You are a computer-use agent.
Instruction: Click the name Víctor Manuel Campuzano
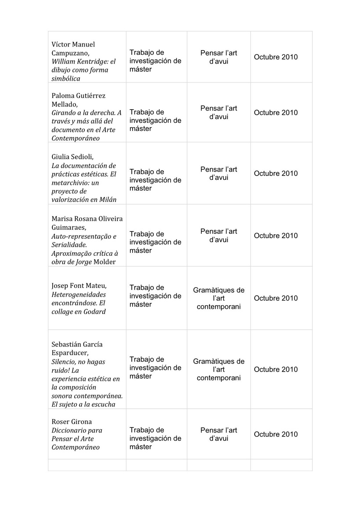point(73,49)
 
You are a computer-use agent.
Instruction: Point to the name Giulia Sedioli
point(73,157)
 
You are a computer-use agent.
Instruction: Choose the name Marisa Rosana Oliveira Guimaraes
point(87,223)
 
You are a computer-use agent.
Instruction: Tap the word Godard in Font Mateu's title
point(95,311)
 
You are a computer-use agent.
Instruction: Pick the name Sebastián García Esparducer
point(77,348)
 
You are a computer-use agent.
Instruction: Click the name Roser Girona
point(72,422)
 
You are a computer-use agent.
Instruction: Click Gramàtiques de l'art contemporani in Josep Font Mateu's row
point(219,298)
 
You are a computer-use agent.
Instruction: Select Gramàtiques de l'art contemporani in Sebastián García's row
point(219,369)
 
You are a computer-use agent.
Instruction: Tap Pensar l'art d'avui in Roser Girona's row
point(219,434)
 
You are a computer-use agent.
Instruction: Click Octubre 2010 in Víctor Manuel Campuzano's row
point(276,57)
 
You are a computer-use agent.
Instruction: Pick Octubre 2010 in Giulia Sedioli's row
point(276,173)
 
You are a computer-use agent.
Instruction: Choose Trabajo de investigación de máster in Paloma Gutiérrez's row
point(155,120)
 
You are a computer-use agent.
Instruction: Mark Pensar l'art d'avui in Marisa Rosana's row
point(219,236)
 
